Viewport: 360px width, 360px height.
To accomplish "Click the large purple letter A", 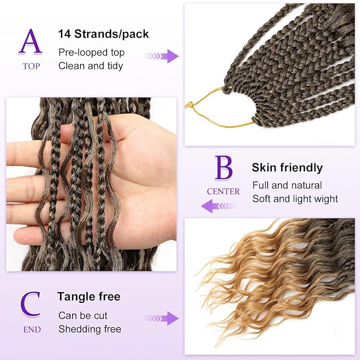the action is click(x=30, y=42).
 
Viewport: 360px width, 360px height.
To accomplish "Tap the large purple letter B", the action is click(x=223, y=168).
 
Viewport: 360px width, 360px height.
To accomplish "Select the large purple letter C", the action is click(x=31, y=304).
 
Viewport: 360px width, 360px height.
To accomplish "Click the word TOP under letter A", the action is click(x=31, y=66).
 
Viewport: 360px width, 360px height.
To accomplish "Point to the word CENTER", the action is click(x=223, y=191).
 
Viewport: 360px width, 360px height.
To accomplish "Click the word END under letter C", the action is click(x=32, y=329).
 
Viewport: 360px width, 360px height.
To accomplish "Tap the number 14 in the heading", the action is click(x=64, y=34).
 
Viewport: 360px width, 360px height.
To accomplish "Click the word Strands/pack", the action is click(x=111, y=34).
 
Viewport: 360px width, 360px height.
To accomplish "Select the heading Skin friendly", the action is click(x=287, y=168).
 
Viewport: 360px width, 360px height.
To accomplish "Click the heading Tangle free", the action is click(x=89, y=296).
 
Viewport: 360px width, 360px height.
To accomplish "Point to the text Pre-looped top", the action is click(x=91, y=53).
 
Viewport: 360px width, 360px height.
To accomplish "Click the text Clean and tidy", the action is click(x=91, y=66).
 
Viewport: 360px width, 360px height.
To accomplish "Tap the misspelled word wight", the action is click(x=326, y=199).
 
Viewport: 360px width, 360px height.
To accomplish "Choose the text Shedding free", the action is click(x=90, y=329).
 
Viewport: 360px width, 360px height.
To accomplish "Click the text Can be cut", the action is click(x=83, y=315).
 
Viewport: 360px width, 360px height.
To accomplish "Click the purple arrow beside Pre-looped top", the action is click(x=162, y=56).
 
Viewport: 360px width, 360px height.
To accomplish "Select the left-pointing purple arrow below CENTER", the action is click(x=218, y=206).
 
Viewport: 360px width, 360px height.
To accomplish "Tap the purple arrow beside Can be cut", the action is click(x=162, y=318).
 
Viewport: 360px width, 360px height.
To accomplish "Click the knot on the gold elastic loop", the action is click(x=190, y=104).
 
